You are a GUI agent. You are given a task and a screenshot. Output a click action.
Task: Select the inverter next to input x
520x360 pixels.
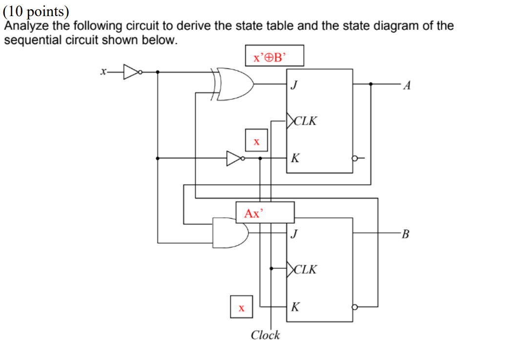[x=131, y=72]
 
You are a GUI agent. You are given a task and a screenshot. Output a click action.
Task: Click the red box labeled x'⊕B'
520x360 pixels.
[x=274, y=56]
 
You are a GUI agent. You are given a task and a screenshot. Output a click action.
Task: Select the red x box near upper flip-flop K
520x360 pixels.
[x=256, y=141]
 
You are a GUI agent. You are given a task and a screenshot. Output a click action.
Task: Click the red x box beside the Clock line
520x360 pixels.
[x=241, y=307]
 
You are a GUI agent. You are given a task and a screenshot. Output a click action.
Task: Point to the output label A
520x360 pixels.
[x=408, y=86]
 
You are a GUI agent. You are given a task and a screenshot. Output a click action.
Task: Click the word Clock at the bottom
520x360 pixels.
[x=265, y=335]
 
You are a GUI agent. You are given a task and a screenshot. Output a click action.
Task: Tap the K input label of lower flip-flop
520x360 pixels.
[x=295, y=308]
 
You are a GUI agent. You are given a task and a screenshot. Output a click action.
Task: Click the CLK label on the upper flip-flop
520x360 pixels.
[x=303, y=120]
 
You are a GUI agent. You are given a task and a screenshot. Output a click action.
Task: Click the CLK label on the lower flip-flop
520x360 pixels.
[x=303, y=269]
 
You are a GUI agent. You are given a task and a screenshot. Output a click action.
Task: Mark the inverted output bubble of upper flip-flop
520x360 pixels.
[x=355, y=158]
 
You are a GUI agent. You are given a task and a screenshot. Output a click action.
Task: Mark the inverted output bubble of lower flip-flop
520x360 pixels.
[x=355, y=307]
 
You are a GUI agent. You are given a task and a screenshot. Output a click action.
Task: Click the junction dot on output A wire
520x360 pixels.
[x=371, y=84]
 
